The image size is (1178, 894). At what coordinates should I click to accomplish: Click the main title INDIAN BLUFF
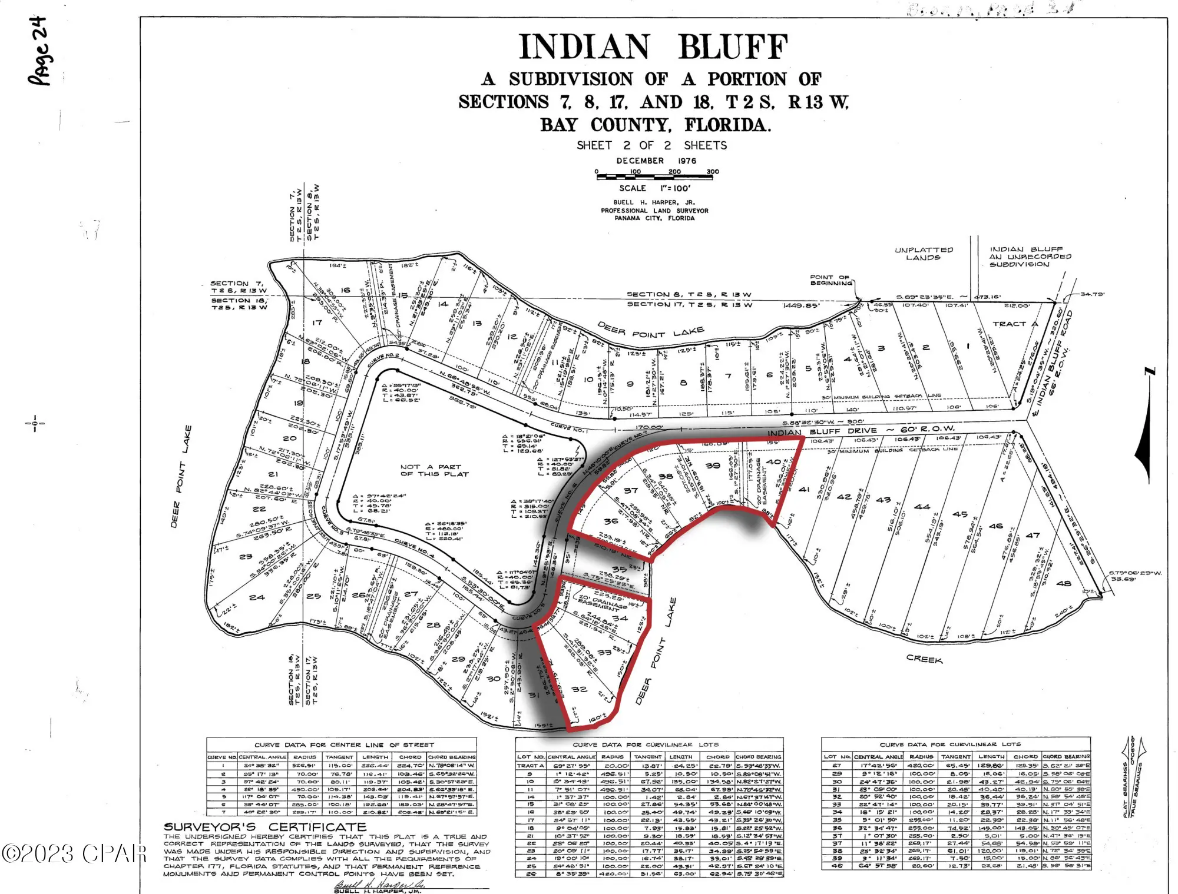(x=653, y=47)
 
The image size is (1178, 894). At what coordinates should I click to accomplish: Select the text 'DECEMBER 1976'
(x=656, y=161)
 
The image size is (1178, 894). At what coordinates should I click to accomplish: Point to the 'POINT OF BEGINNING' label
(x=830, y=280)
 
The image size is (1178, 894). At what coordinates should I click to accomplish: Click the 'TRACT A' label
(x=1015, y=324)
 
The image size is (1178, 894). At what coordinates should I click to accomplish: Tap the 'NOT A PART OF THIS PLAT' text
(x=434, y=470)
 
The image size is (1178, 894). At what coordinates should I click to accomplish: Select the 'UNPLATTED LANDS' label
(x=923, y=254)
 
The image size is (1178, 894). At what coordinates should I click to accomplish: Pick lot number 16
(x=345, y=290)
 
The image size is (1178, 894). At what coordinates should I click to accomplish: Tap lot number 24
(x=257, y=597)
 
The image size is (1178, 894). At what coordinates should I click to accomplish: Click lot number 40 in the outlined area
(x=773, y=462)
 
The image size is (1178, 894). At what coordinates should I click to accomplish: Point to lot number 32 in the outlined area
(x=579, y=689)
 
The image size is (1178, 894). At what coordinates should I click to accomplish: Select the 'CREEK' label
(x=924, y=660)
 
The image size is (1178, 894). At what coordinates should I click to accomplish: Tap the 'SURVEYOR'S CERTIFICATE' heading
(x=265, y=827)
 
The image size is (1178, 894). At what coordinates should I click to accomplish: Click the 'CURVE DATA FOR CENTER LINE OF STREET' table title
(x=344, y=745)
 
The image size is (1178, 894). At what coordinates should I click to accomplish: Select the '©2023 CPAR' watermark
(x=73, y=853)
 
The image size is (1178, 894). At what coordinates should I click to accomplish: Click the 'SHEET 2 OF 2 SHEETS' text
(x=651, y=145)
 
